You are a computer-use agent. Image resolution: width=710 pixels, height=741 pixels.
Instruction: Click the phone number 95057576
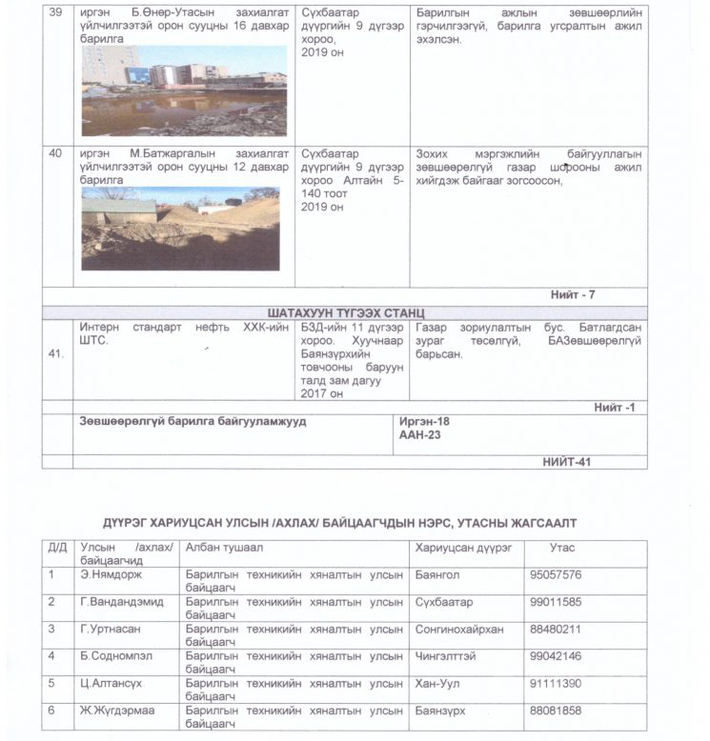coord(555,575)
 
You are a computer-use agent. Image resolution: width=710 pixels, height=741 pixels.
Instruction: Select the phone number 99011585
coord(555,603)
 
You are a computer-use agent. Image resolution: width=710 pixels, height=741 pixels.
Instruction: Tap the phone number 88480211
coord(555,630)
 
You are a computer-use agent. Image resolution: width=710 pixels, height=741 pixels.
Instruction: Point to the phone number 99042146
coord(555,657)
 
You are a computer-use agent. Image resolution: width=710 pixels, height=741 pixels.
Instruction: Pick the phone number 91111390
coord(555,684)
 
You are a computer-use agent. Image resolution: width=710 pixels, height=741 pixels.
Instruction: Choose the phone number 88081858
coord(555,711)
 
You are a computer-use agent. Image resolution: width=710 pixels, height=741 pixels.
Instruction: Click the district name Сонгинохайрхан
coord(463,630)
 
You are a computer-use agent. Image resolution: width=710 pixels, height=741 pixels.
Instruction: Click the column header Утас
coord(562,549)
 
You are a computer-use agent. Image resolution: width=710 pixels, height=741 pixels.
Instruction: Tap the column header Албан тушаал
coord(223,549)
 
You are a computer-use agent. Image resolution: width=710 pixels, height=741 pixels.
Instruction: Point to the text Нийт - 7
coord(572,294)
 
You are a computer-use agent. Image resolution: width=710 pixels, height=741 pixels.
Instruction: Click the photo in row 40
coord(180,230)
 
